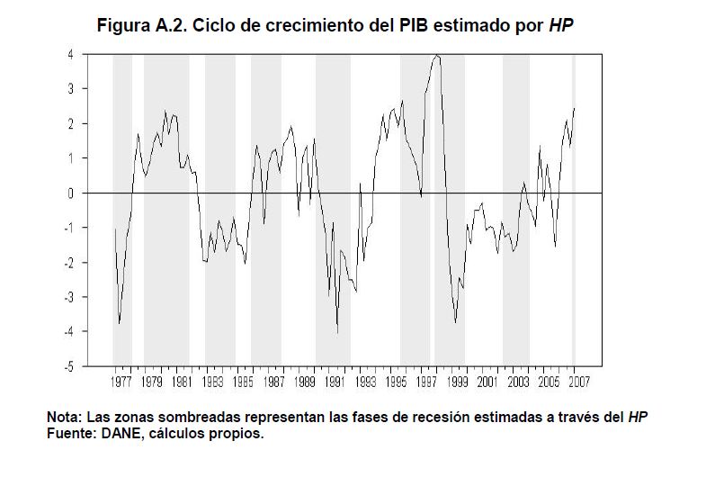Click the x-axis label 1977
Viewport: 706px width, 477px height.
point(120,382)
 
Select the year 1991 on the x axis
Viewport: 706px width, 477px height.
point(334,382)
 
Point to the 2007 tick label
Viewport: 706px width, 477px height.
point(577,382)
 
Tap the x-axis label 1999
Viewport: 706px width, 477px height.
point(456,382)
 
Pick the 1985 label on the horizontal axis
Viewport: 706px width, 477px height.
point(242,382)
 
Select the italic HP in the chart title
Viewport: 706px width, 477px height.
point(561,25)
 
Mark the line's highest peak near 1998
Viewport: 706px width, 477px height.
point(437,55)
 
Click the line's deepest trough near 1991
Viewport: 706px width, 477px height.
point(337,333)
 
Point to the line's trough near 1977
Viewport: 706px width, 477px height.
point(120,323)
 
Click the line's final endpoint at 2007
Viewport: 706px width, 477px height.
point(574,109)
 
